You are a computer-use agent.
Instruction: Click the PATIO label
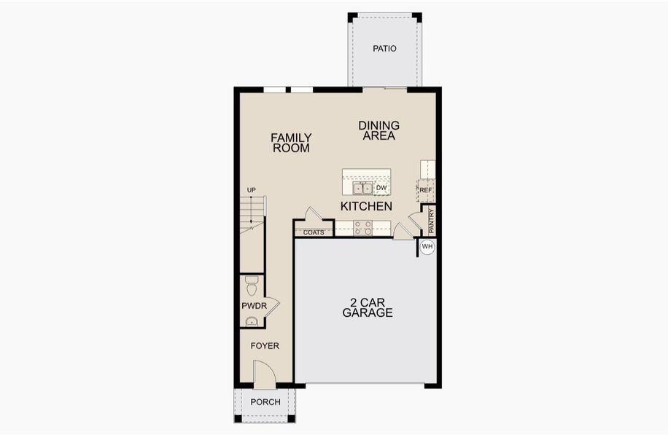point(384,49)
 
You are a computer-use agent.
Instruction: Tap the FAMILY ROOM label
point(292,143)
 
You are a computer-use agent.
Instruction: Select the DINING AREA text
point(378,130)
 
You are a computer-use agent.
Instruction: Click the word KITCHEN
point(366,206)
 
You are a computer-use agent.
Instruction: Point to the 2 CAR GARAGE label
point(368,307)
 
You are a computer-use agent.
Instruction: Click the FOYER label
point(265,346)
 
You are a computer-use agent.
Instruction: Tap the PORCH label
point(265,402)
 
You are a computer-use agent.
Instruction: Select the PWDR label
point(254,306)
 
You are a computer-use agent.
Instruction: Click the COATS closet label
point(314,233)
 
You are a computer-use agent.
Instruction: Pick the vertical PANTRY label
point(431,221)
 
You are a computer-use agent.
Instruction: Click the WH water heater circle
point(427,247)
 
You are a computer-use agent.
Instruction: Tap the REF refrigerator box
point(426,190)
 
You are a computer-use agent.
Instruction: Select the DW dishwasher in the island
point(381,188)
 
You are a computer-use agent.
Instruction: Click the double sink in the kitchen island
point(362,188)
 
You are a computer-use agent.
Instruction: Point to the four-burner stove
point(363,228)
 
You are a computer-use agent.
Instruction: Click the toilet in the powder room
point(252,286)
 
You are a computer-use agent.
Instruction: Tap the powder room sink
point(252,322)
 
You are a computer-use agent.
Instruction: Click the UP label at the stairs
point(252,190)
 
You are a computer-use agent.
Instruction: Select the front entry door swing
point(265,374)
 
